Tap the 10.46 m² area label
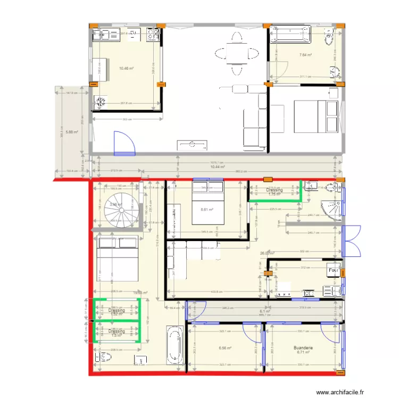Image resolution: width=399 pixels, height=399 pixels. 126,68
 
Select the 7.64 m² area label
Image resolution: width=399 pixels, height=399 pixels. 305,55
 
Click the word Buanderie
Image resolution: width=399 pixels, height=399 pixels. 303,348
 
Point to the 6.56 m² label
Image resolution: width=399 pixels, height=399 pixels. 226,349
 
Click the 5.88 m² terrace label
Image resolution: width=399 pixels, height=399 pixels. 72,132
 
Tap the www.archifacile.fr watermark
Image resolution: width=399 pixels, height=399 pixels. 340,392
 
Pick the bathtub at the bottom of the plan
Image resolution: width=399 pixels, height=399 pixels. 174,345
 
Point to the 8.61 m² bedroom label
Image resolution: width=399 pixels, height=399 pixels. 207,210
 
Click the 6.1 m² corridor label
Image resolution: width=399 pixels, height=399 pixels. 264,312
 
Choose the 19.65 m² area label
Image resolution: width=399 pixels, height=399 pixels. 140,292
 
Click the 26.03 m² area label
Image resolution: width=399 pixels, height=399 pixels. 266,254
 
